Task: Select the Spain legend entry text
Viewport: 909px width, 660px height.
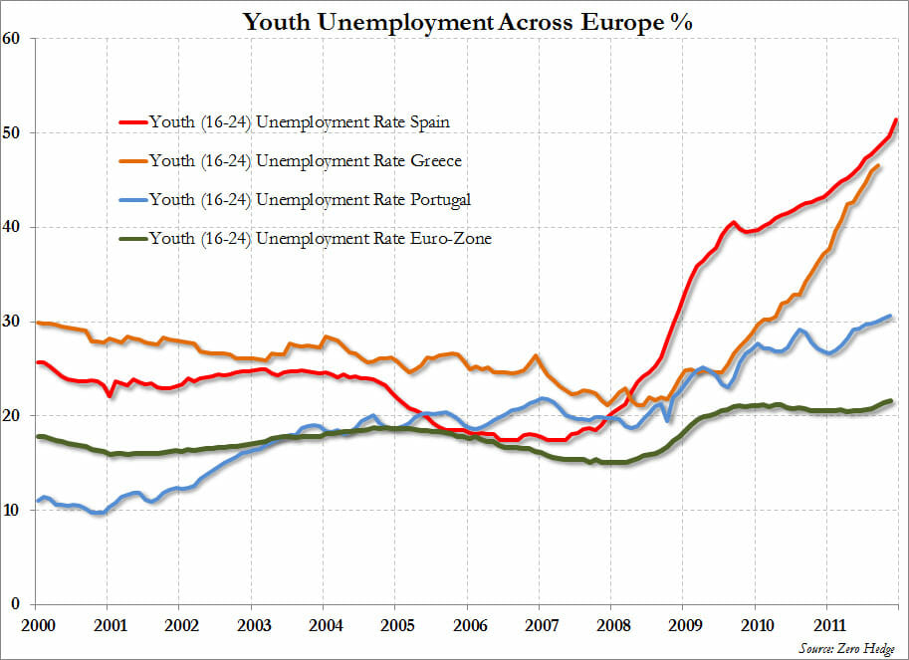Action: point(299,122)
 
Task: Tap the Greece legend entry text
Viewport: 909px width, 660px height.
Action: point(305,160)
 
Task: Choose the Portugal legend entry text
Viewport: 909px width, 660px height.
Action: point(309,199)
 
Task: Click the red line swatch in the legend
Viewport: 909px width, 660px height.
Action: point(131,122)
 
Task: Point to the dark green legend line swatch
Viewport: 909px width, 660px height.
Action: point(131,238)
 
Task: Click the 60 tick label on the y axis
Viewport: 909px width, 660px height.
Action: point(13,39)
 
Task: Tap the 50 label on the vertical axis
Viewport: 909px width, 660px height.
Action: point(13,132)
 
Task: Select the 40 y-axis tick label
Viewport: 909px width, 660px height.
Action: point(13,227)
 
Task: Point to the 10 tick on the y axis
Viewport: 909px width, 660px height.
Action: point(13,510)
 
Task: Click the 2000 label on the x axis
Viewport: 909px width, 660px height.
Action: point(35,624)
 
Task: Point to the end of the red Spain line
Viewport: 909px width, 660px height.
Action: point(897,120)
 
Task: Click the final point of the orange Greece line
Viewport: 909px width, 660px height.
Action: point(877,165)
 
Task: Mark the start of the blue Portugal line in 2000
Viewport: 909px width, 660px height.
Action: point(37,500)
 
